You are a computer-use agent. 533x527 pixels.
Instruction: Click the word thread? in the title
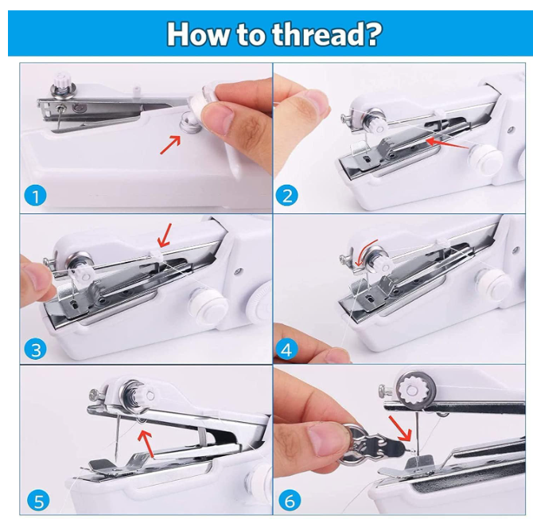pyautogui.click(x=327, y=35)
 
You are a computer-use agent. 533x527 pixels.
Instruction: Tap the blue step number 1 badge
pyautogui.click(x=35, y=197)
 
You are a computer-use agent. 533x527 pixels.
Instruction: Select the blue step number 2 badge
pyautogui.click(x=287, y=196)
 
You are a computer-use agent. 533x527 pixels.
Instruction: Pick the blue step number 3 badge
pyautogui.click(x=35, y=349)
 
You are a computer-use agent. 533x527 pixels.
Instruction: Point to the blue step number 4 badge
pyautogui.click(x=286, y=349)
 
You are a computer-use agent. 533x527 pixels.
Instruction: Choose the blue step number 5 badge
pyautogui.click(x=38, y=502)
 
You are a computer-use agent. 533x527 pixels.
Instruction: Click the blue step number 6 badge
pyautogui.click(x=290, y=502)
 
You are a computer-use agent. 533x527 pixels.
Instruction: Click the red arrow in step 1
pyautogui.click(x=170, y=145)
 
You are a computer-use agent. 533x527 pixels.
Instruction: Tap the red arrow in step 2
pyautogui.click(x=448, y=143)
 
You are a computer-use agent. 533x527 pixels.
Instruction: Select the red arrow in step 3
pyautogui.click(x=165, y=236)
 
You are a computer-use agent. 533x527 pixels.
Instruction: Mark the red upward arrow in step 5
pyautogui.click(x=147, y=443)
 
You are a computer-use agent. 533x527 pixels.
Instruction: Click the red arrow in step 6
pyautogui.click(x=400, y=428)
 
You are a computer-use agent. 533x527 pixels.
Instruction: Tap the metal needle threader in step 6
pyautogui.click(x=375, y=445)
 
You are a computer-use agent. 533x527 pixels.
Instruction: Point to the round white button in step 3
pyautogui.click(x=208, y=304)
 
